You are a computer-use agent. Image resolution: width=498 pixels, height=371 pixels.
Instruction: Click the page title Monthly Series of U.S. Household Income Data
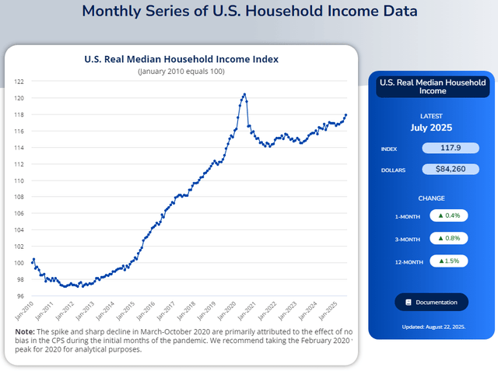point(249,11)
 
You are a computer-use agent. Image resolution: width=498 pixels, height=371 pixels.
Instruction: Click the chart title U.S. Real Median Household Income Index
point(181,59)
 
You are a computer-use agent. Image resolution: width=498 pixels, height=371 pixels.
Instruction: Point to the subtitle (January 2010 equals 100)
point(181,72)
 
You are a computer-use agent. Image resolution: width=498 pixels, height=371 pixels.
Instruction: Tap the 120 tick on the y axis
point(19,98)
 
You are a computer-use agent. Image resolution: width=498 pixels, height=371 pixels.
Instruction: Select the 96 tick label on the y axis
point(20,296)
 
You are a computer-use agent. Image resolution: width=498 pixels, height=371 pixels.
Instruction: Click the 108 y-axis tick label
point(19,198)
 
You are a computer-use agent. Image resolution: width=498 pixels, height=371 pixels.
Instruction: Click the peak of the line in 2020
point(245,94)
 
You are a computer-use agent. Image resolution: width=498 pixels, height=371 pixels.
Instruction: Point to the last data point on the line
point(346,115)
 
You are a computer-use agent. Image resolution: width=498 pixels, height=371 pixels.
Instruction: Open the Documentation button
point(432,302)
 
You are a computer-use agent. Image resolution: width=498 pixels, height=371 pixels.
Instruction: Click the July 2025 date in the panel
point(431,128)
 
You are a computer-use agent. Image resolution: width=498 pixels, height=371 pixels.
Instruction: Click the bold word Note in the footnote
point(24,331)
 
